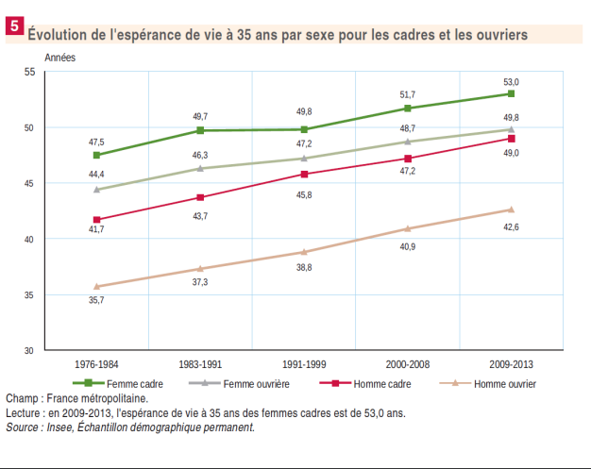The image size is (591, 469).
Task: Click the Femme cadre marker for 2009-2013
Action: coord(511,93)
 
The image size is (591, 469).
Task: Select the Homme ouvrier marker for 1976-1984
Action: coord(96,287)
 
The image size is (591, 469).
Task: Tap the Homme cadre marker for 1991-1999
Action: coord(304,174)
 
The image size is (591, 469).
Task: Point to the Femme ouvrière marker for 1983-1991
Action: coord(200,168)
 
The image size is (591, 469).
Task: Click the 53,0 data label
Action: coord(511,82)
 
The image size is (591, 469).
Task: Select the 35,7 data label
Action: coord(96,300)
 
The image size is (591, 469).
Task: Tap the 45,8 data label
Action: coord(304,194)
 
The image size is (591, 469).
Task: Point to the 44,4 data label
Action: coord(96,175)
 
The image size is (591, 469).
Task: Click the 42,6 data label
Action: coord(511,226)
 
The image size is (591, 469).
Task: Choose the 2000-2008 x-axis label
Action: coord(407,364)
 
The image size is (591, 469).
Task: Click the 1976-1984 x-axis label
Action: coord(96,364)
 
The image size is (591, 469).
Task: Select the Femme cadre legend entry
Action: coord(132,383)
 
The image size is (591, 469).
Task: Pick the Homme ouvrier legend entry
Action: coord(504,383)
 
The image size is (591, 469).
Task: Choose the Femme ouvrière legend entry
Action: coord(256,383)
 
